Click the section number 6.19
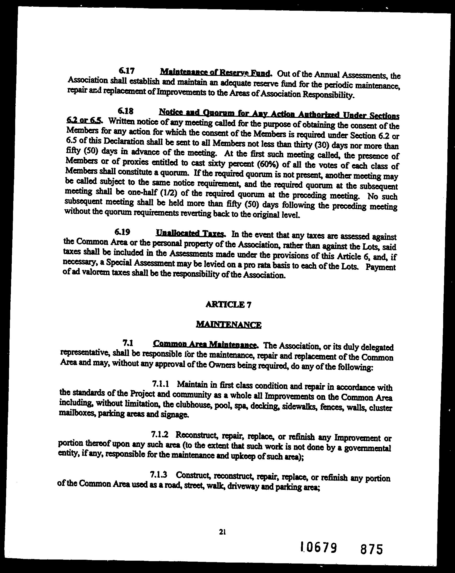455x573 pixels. click(123, 232)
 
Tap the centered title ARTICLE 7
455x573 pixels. click(228, 305)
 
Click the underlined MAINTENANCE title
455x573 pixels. click(228, 324)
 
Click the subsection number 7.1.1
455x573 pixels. click(160, 384)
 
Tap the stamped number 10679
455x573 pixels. click(319, 547)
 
